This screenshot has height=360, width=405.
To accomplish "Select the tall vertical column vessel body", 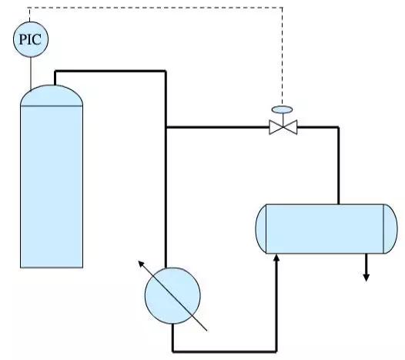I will tap(51, 185).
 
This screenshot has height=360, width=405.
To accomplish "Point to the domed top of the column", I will tap(51, 94).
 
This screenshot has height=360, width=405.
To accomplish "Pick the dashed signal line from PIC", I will tap(154, 8).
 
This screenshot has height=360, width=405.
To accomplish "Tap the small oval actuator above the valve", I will tap(283, 109).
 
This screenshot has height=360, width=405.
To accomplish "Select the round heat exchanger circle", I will tap(172, 294).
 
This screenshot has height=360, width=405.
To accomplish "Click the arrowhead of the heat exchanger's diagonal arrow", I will tap(141, 262).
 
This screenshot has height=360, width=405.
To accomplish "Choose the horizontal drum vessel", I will tap(321, 228).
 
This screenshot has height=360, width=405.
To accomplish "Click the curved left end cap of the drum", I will tap(260, 228).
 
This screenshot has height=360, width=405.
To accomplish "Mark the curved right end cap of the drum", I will tap(382, 228).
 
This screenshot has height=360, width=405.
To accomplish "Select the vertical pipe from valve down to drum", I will tap(338, 166).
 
